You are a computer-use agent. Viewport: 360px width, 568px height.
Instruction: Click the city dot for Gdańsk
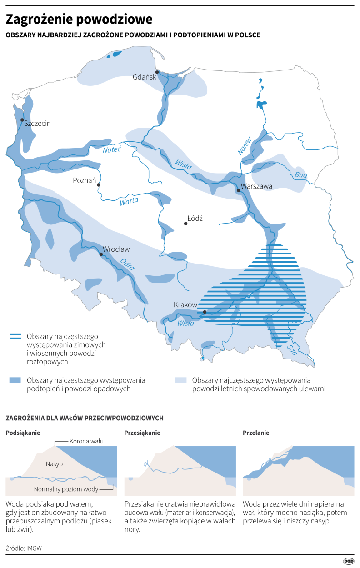tap(157, 72)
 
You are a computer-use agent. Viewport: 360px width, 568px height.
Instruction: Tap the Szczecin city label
tap(37, 123)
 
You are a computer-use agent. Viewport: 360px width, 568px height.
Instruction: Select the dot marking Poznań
tap(99, 185)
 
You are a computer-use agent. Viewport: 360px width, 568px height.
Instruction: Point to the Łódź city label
tap(195, 219)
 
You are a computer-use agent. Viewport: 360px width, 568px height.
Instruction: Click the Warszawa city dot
tap(238, 191)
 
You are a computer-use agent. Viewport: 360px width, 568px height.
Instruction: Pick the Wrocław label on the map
tap(116, 249)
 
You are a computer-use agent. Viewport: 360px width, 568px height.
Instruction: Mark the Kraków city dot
tap(205, 312)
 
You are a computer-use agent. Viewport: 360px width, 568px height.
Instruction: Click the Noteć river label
tap(112, 150)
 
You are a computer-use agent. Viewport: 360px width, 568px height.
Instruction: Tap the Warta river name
tap(129, 201)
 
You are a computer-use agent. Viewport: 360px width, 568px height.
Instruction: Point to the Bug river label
tap(301, 175)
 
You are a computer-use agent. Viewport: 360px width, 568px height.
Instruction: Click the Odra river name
tap(128, 264)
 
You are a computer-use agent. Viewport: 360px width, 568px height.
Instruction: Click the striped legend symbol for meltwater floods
tap(15, 337)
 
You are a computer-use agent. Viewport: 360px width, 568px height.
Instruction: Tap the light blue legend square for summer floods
tap(181, 380)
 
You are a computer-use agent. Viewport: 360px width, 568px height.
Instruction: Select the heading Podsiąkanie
tap(23, 433)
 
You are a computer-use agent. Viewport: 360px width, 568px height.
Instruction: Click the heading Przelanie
tap(256, 433)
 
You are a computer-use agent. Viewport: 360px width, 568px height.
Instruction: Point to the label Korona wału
tap(87, 441)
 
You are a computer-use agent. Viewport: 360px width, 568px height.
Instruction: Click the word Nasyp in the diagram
tap(54, 464)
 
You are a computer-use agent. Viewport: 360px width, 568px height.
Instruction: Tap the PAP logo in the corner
tap(349, 561)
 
